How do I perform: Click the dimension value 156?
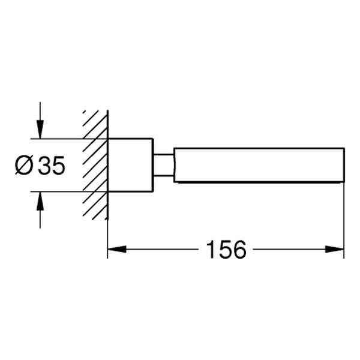point(226,249)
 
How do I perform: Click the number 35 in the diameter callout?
point(51,165)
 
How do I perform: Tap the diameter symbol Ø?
point(25,165)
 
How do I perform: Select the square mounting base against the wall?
point(130,165)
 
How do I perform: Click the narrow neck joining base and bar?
point(163,165)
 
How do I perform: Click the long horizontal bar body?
point(258,165)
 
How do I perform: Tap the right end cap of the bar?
point(343,165)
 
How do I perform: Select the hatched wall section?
point(95,165)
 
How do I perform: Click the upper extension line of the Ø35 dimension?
point(66,139)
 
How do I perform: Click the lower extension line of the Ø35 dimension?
point(66,192)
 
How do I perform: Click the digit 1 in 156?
point(211,249)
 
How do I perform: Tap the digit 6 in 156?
point(240,249)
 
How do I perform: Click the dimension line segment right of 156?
point(288,249)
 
